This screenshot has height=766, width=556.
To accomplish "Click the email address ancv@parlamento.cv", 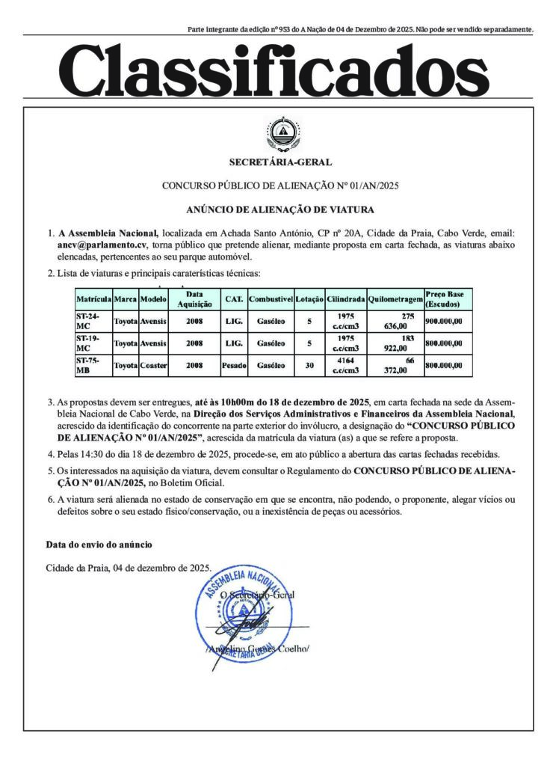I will point(104,244).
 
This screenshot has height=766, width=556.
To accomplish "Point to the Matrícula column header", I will point(93,299).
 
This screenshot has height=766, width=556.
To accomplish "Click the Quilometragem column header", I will point(395,299).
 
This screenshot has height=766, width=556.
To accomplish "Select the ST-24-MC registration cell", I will point(93,321).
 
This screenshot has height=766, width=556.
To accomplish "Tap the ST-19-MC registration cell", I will point(93,343).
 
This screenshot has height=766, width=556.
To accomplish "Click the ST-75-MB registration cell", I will point(93,366).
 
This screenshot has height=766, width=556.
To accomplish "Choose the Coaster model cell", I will point(154,366).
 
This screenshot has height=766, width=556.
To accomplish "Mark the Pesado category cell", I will point(234,366).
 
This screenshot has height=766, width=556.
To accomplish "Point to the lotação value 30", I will point(309,366).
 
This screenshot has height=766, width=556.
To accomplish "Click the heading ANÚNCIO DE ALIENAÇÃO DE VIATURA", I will point(280,209).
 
